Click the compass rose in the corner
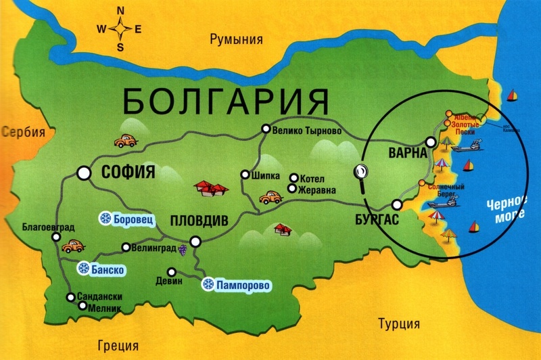(121, 29)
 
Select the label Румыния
(235, 39)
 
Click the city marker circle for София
(85, 173)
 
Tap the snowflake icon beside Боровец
(105, 218)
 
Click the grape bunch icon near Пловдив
(182, 250)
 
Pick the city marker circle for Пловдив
(195, 240)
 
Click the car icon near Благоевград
(72, 247)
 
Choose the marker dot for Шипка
(245, 175)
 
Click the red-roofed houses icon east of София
(209, 187)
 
